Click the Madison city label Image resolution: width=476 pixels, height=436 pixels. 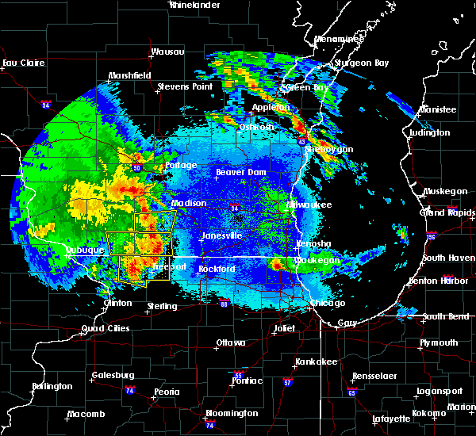[189, 203]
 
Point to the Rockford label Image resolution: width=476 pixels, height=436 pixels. [217, 270]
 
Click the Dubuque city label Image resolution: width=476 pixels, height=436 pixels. [85, 250]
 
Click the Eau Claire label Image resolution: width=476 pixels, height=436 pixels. [21, 63]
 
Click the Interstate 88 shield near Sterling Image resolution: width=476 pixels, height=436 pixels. [224, 303]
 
